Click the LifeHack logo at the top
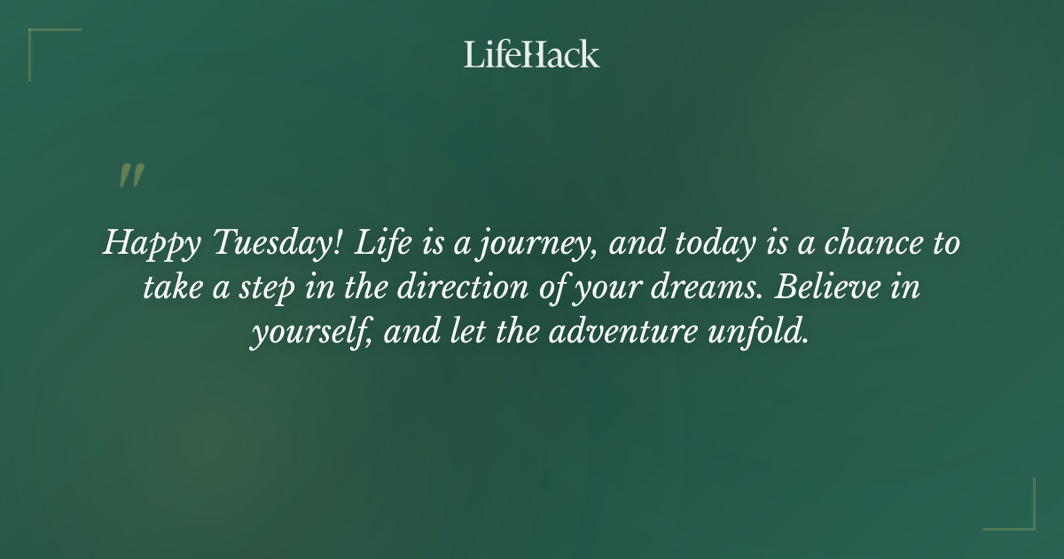click(532, 54)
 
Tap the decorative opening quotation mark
click(131, 176)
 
